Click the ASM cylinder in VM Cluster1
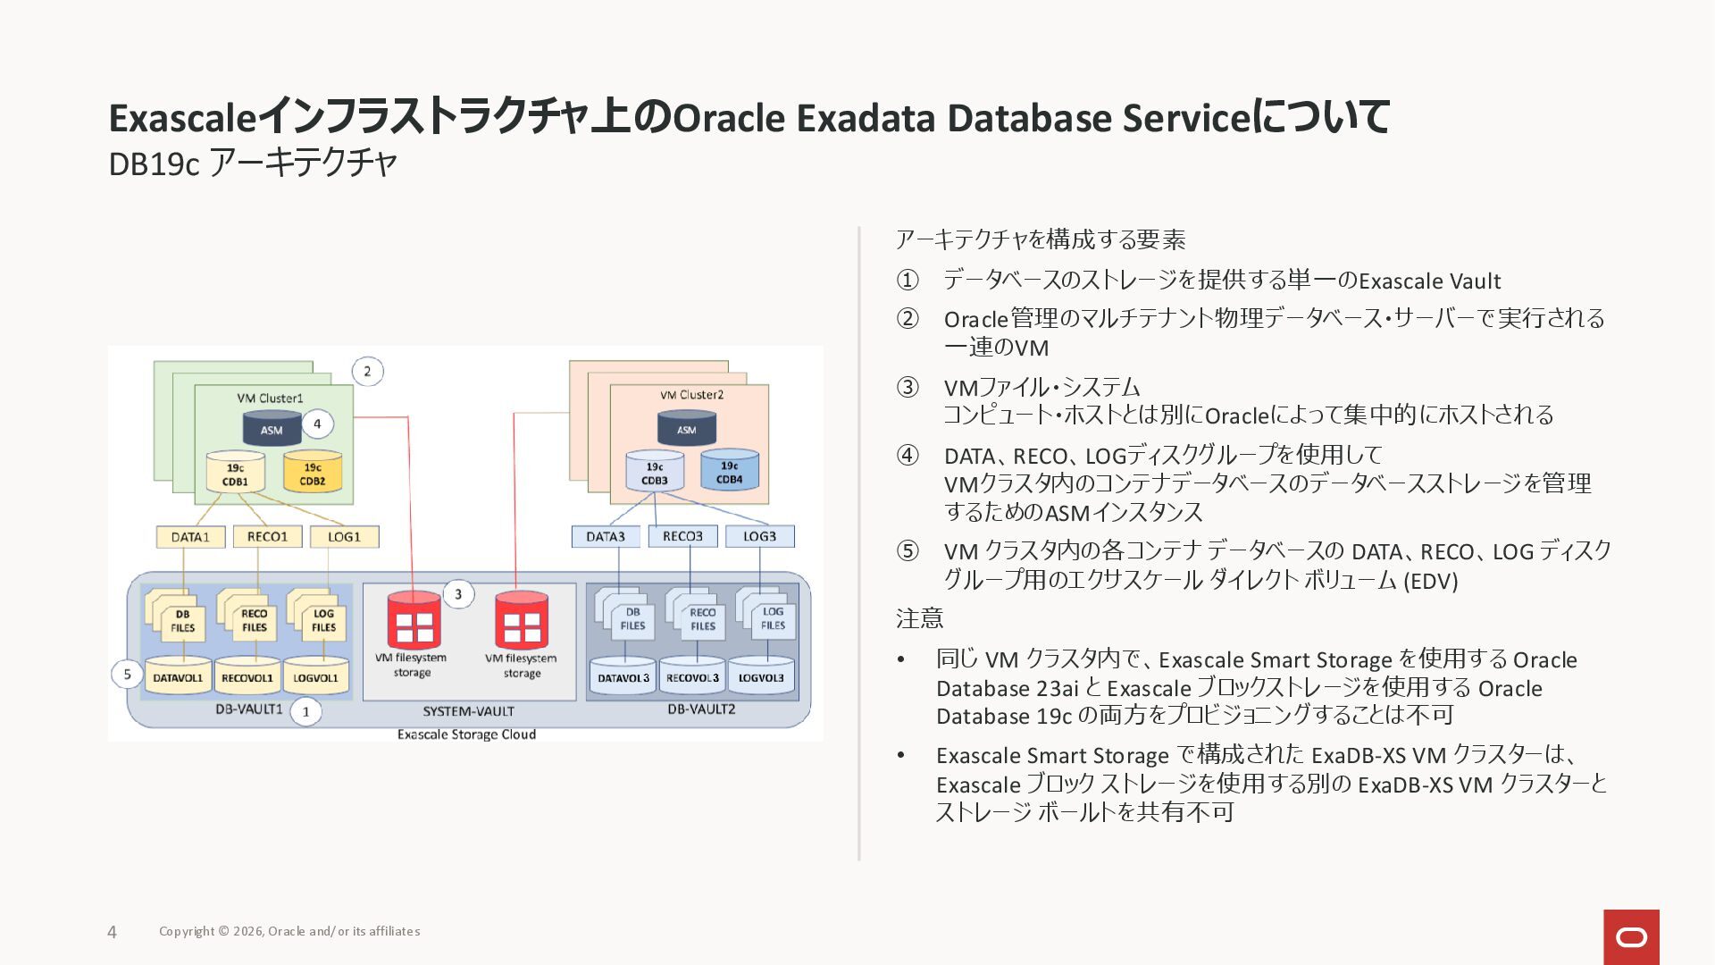pos(272,427)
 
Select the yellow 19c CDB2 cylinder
pos(313,473)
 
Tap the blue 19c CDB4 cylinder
pos(729,471)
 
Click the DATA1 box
pos(190,537)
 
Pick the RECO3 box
pos(682,536)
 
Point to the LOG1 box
pos(344,537)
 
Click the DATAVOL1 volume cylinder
pos(178,676)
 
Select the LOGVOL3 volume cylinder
pos(761,676)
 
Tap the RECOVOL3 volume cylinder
pos(692,676)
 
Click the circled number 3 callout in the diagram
pos(458,594)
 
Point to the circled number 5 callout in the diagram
pos(127,674)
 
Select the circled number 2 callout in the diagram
pos(367,372)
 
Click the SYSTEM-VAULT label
pos(468,711)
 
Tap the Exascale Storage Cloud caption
pos(466,734)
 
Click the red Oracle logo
pos(1631,936)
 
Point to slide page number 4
pos(112,932)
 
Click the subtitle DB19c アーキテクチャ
pos(253,164)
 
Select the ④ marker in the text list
pos(908,456)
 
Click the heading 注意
pos(919,618)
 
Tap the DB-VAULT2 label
pos(701,709)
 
